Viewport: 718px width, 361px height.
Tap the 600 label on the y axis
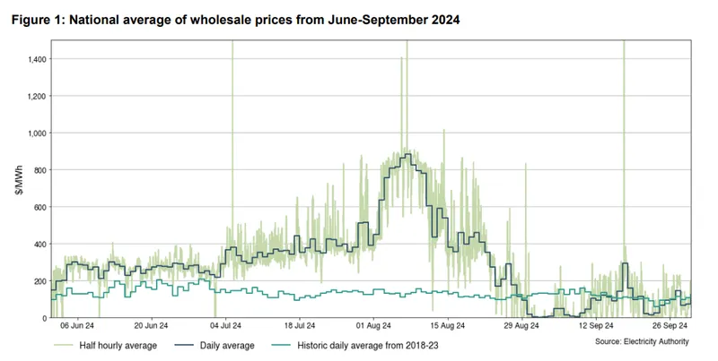pyautogui.click(x=40, y=207)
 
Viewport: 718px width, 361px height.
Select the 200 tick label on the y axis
pyautogui.click(x=40, y=281)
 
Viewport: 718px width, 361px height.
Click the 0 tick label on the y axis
pyautogui.click(x=43, y=318)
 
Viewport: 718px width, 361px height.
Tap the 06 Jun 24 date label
pyautogui.click(x=77, y=326)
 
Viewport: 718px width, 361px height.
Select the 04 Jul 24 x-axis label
pyautogui.click(x=225, y=326)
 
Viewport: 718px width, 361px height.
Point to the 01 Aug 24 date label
pyautogui.click(x=373, y=326)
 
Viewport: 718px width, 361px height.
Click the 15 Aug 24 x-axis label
pyautogui.click(x=448, y=326)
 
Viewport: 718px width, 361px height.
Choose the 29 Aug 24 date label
pyautogui.click(x=522, y=326)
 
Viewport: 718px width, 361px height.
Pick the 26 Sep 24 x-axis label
pyautogui.click(x=670, y=326)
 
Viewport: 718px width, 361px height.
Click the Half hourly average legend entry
pyautogui.click(x=106, y=346)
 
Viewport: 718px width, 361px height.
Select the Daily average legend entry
pyautogui.click(x=215, y=346)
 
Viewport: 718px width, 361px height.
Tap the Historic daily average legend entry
pyautogui.click(x=355, y=346)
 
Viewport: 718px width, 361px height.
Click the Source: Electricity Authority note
pyautogui.click(x=642, y=341)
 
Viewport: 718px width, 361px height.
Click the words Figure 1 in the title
pyautogui.click(x=38, y=20)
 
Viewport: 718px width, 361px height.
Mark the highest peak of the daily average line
pyautogui.click(x=407, y=154)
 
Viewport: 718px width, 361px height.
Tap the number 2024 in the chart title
pyautogui.click(x=445, y=20)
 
